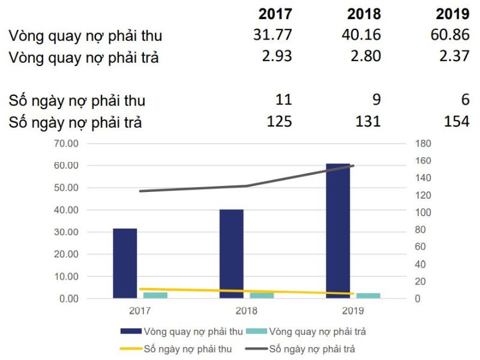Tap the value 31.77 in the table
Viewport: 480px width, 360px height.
(x=272, y=35)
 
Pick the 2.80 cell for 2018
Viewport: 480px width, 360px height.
(x=364, y=58)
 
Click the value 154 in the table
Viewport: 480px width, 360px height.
(x=457, y=122)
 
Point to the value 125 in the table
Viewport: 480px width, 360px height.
(x=279, y=122)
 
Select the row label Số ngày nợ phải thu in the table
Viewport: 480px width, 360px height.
(x=77, y=100)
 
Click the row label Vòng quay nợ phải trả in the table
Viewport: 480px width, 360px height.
(x=83, y=59)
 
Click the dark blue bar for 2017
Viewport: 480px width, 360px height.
(x=125, y=263)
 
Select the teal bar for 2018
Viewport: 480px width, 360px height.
(x=262, y=295)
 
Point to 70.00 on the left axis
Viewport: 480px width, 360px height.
(x=66, y=144)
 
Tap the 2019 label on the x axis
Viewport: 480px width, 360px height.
(x=353, y=311)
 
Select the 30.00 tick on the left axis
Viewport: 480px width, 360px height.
(x=66, y=232)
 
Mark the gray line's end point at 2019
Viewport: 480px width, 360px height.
(x=353, y=166)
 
